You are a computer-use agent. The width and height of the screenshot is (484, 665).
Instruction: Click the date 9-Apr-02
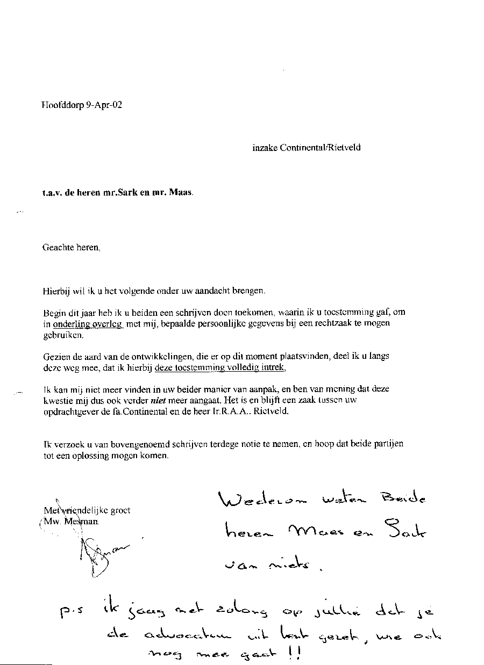tap(104, 105)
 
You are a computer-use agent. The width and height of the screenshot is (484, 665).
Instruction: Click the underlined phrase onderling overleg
tap(88, 324)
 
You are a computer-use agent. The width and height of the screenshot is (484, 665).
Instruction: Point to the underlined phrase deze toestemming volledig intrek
tap(220, 368)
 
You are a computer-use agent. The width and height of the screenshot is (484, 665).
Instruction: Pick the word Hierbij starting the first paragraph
tap(55, 291)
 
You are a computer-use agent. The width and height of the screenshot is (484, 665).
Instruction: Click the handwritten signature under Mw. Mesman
tap(97, 556)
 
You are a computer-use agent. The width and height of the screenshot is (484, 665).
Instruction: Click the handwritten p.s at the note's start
tap(71, 613)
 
